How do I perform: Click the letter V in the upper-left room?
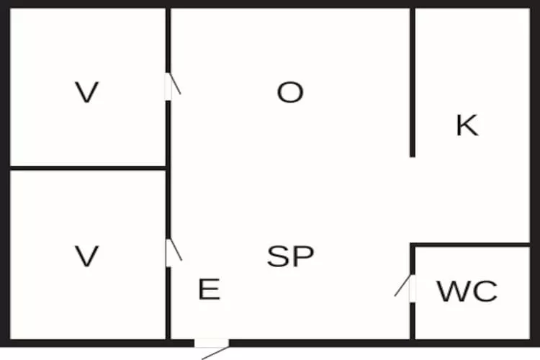coord(87,92)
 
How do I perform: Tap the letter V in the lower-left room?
coord(87,256)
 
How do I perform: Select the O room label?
coord(290,92)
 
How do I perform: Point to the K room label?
coord(467,125)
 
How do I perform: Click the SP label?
coord(291,256)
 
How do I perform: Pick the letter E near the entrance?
coord(210,289)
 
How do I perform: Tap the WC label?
coord(467,291)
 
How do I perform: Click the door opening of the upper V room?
coord(168,86)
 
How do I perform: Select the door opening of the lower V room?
coord(168,253)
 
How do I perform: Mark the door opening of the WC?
coord(413,289)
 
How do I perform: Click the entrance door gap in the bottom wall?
coord(212,343)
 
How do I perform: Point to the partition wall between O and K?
coord(413,82)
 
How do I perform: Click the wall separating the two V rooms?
coord(88,168)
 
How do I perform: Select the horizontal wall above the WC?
coord(469,245)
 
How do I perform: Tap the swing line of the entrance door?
coord(215,353)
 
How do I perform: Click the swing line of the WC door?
coord(402,285)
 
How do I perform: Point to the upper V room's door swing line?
coord(175,84)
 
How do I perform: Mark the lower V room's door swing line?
coord(176,250)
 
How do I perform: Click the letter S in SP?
coord(278,256)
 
